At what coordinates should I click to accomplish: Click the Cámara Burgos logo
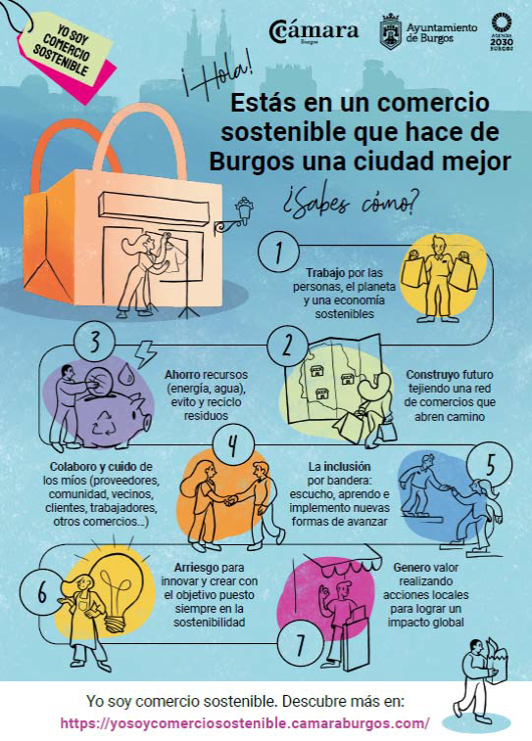pyautogui.click(x=314, y=32)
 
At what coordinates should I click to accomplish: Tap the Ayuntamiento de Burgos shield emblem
pyautogui.click(x=391, y=31)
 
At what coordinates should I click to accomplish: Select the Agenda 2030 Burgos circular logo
pyautogui.click(x=502, y=31)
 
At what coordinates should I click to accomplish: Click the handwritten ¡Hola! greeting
pyautogui.click(x=217, y=79)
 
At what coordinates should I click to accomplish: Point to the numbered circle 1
pyautogui.click(x=278, y=251)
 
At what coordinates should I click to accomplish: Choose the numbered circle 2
pyautogui.click(x=287, y=346)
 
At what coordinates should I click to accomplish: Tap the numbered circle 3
pyautogui.click(x=95, y=342)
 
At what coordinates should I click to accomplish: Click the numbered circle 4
pyautogui.click(x=233, y=445)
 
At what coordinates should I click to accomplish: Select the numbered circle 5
pyautogui.click(x=491, y=465)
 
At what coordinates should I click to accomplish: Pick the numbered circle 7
pyautogui.click(x=299, y=645)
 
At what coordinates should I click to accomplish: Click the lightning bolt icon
pyautogui.click(x=145, y=354)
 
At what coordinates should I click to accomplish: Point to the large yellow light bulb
pyautogui.click(x=117, y=590)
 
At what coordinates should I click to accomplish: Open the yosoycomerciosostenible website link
pyautogui.click(x=245, y=723)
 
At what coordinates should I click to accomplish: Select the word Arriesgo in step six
pyautogui.click(x=196, y=567)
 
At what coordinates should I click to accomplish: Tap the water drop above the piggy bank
pyautogui.click(x=125, y=373)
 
